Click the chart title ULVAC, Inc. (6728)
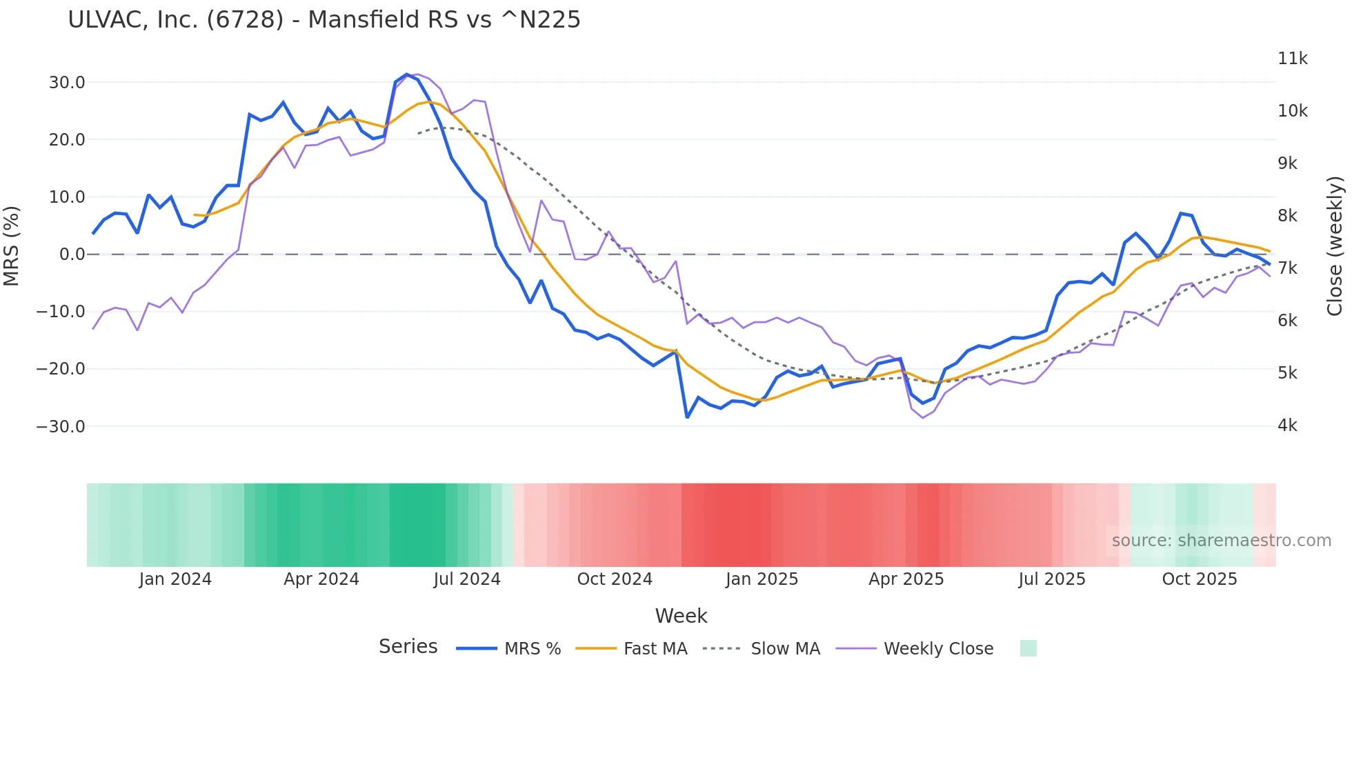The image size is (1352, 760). click(324, 20)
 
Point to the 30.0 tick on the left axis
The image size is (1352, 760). click(67, 83)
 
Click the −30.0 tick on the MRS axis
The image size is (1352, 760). click(61, 426)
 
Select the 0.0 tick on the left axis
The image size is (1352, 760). click(72, 254)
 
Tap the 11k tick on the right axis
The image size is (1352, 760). click(1292, 59)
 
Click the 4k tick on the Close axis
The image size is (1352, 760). click(1287, 426)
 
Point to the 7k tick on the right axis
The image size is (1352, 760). click(1287, 268)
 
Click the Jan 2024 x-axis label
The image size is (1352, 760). click(175, 579)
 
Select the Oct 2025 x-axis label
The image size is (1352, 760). click(1200, 579)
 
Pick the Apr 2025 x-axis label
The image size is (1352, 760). click(906, 579)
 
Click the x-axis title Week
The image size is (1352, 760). click(681, 616)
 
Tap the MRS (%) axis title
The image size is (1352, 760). click(12, 246)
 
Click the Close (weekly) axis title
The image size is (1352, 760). click(1335, 246)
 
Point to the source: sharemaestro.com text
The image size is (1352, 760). click(1221, 541)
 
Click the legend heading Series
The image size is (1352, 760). click(408, 647)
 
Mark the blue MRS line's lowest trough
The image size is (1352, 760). click(687, 417)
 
